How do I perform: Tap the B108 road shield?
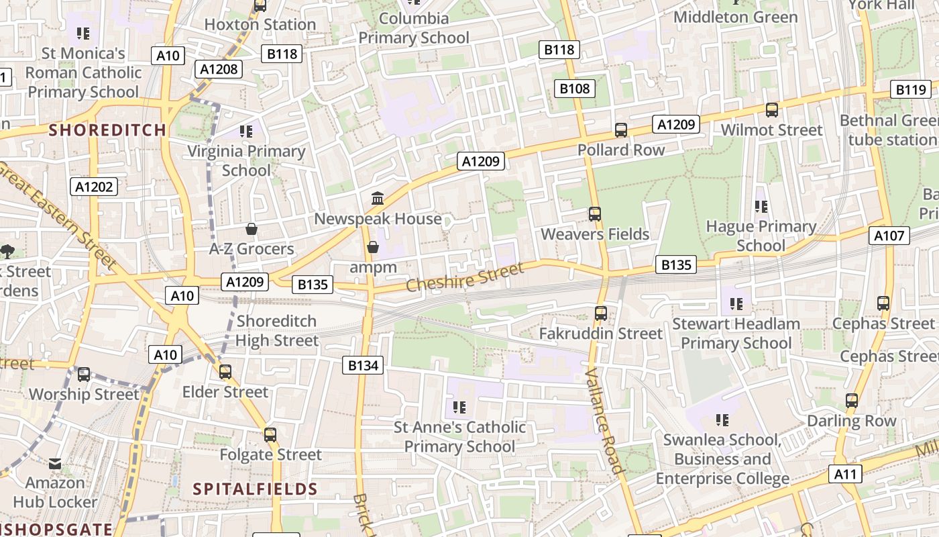point(575,88)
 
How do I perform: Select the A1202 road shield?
point(95,187)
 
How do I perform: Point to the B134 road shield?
point(364,365)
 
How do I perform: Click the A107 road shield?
point(890,236)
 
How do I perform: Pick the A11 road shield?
point(846,474)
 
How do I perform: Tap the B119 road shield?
point(911,89)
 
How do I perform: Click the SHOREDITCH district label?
point(107,130)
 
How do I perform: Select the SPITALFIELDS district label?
point(256,489)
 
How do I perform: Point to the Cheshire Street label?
point(465,277)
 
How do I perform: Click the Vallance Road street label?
point(605,421)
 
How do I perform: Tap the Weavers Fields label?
point(595,234)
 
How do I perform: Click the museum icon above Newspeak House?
point(378,199)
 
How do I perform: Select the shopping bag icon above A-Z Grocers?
point(252,230)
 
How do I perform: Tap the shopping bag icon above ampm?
point(373,248)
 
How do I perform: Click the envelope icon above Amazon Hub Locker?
point(55,463)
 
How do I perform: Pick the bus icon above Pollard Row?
point(621,130)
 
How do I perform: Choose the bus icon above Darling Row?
point(852,401)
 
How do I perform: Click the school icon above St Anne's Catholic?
point(459,407)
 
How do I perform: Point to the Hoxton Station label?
point(260,25)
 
